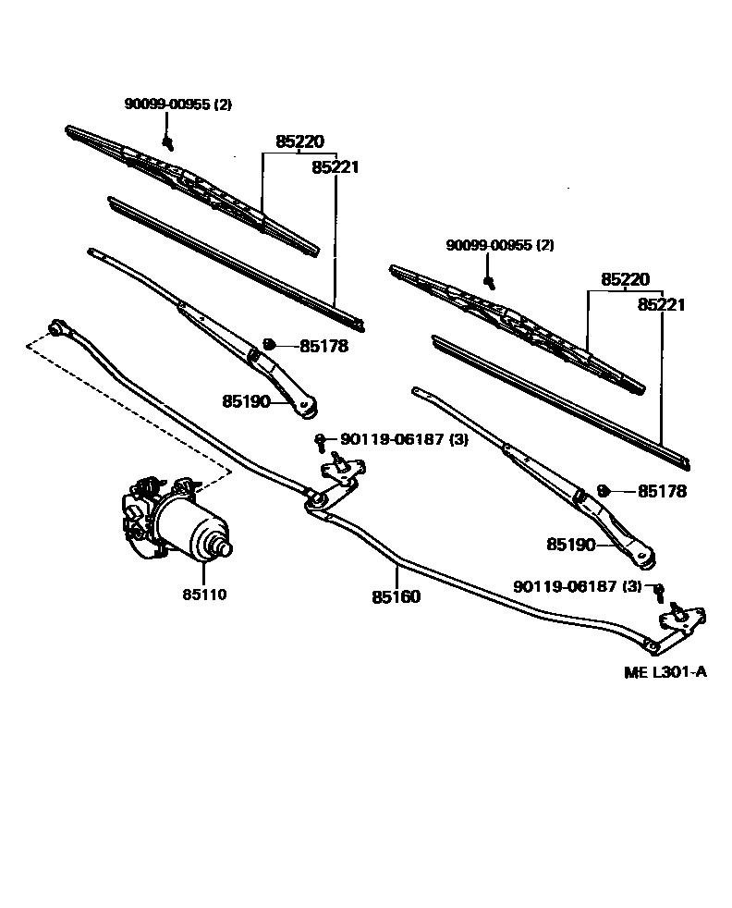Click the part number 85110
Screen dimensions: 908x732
204,595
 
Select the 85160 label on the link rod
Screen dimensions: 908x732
396,597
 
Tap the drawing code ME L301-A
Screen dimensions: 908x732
665,672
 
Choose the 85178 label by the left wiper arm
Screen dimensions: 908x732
324,347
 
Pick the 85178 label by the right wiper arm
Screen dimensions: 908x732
662,492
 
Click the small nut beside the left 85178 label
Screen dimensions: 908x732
269,344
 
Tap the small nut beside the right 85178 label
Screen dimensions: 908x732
602,489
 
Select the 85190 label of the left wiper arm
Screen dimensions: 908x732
246,401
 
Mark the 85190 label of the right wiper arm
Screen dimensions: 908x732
570,546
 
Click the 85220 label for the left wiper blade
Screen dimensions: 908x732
299,142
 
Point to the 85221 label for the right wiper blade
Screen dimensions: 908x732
661,304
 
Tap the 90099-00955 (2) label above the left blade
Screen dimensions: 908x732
178,104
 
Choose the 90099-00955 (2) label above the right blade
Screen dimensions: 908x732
500,245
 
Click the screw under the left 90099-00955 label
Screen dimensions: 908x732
168,141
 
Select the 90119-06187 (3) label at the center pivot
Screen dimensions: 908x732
404,440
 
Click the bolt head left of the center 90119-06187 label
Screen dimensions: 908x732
320,440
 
